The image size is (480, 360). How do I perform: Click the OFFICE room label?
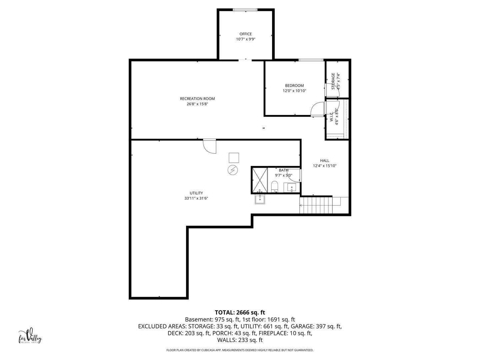(245, 34)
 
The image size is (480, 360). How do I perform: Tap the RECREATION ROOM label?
(197, 99)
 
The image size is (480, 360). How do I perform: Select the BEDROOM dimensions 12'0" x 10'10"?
(294, 91)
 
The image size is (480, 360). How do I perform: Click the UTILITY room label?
(196, 193)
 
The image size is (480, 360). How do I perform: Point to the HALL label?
(325, 160)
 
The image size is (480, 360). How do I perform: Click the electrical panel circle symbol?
(232, 170)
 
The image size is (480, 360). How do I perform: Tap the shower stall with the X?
(260, 180)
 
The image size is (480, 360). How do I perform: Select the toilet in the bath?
(274, 187)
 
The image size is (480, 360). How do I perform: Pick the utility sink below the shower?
(260, 199)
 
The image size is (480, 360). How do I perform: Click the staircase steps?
(316, 205)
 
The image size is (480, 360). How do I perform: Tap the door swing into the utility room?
(209, 146)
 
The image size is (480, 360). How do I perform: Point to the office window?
(245, 10)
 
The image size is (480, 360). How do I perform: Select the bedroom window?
(311, 60)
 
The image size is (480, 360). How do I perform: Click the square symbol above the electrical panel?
(234, 158)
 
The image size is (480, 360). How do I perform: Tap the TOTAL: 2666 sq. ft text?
(240, 312)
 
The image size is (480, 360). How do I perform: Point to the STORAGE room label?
(333, 81)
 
